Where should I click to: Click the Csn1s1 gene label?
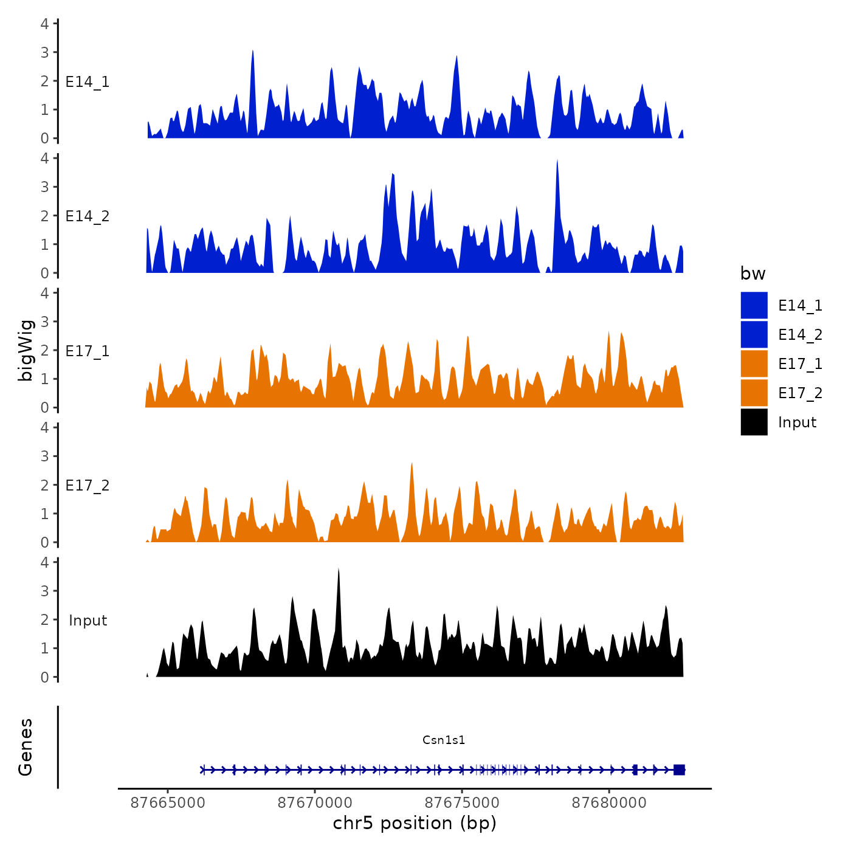444,740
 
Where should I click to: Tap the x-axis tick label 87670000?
315,802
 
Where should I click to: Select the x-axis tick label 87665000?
168,802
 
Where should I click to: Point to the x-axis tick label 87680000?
609,802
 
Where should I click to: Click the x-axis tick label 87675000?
462,802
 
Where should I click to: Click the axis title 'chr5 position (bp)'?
415,823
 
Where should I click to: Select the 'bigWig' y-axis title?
26,350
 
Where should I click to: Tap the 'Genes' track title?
26,747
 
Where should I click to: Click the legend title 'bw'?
753,274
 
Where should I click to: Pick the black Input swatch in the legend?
754,422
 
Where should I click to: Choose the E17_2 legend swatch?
754,393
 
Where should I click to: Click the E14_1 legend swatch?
754,305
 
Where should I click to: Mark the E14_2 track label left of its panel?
88,216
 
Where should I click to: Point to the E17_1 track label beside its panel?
88,351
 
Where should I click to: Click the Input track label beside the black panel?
88,621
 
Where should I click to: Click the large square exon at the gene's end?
679,770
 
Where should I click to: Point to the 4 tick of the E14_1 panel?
45,24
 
